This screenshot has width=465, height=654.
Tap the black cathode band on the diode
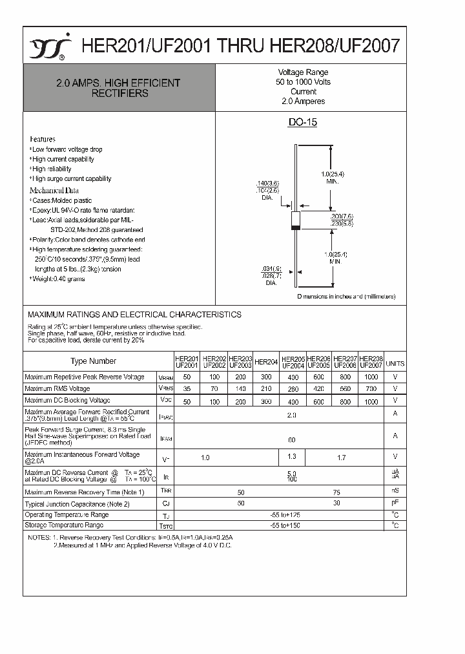coord(296,227)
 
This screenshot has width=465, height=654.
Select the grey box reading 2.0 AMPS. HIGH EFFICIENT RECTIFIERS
coord(118,88)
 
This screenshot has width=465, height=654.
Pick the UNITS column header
coord(395,364)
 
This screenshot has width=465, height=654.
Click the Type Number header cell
coord(94,361)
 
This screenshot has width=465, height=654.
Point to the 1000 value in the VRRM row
coord(371,377)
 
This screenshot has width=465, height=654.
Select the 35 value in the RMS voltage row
coord(187,388)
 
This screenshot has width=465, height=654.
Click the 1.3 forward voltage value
coord(292,458)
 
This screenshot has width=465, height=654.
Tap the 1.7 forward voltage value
coord(342,458)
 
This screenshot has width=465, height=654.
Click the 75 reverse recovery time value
coord(337,492)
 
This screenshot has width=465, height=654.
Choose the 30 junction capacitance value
coord(337,503)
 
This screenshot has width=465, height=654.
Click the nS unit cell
coord(395,491)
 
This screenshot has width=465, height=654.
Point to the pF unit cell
coord(395,502)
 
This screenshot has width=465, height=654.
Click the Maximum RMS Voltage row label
coord(57,388)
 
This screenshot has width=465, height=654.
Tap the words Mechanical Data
coord(54,191)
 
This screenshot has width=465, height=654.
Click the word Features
coord(43,139)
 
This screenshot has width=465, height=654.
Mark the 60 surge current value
coord(292,439)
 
